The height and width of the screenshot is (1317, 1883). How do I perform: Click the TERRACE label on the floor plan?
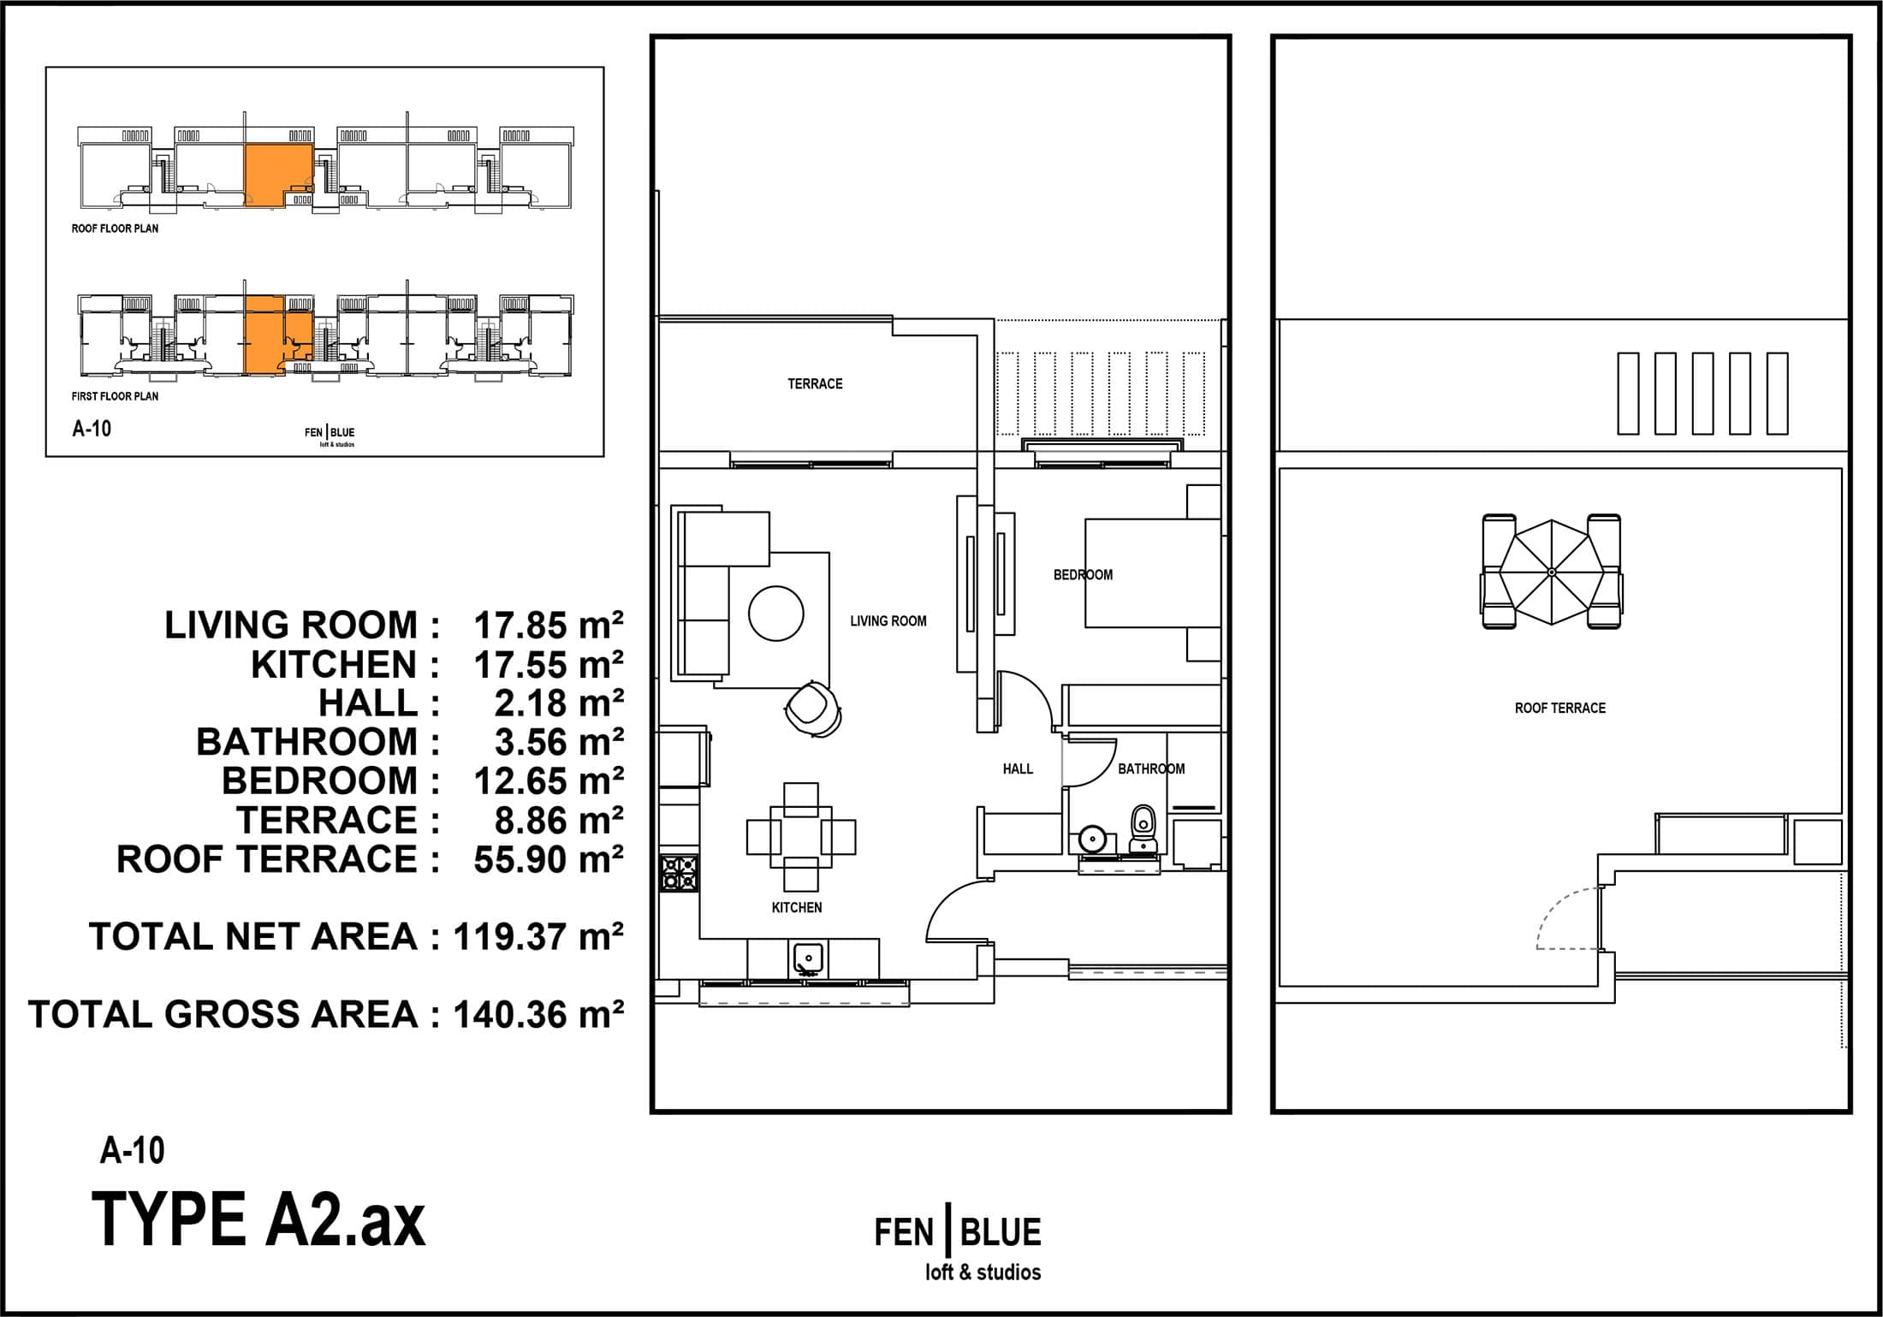815,384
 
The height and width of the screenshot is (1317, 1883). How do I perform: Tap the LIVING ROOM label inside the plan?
888,621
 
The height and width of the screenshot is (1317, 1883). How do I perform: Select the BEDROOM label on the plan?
1083,575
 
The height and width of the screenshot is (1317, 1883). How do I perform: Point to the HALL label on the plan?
1018,769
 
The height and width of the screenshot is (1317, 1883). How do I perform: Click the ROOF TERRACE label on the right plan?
1559,709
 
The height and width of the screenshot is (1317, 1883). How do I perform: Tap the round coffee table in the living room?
776,613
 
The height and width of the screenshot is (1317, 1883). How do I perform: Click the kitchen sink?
808,959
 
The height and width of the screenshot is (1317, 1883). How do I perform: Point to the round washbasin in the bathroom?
1093,838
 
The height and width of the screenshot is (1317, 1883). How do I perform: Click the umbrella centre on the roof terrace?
1552,572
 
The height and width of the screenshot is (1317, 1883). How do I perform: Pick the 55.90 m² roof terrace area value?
549,859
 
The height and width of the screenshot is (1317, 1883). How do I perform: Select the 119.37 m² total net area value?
538,937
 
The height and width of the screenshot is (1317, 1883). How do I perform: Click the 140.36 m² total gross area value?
538,1015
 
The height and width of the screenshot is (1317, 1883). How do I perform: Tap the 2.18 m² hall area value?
559,703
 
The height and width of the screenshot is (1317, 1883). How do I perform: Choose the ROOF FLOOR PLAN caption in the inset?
115,228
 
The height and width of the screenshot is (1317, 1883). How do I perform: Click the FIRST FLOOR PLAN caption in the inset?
115,396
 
